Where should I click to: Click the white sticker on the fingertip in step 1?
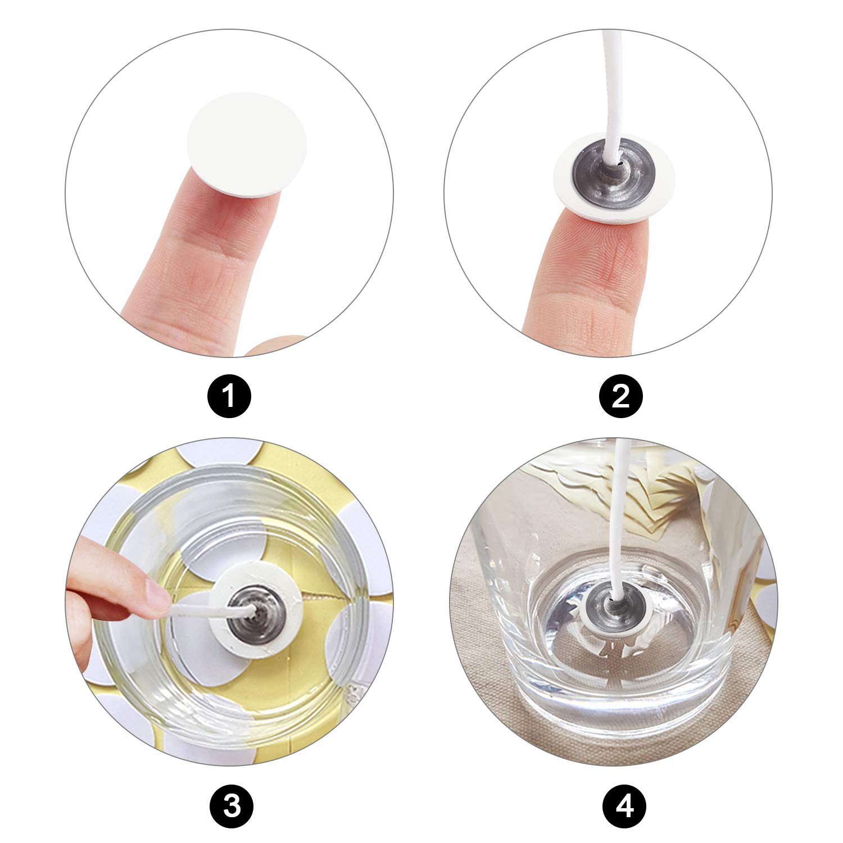pos(247,152)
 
